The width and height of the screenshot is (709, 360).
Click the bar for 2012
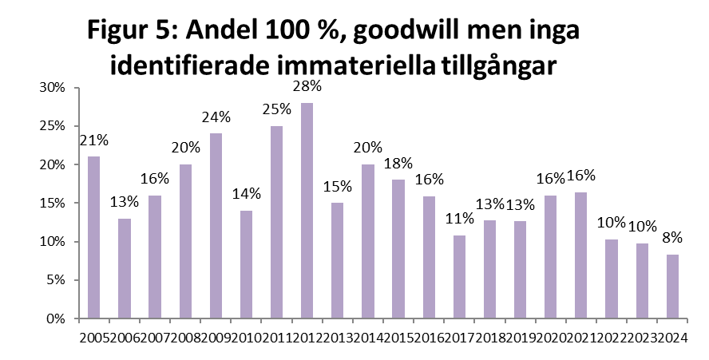coord(307,211)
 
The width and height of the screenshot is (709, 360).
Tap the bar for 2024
coord(671,287)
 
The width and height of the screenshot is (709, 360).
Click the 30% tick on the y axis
coord(52,88)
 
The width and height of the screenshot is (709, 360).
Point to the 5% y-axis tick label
coord(55,280)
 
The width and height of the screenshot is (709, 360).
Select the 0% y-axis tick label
coord(55,318)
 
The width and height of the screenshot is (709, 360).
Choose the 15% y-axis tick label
coord(52,204)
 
